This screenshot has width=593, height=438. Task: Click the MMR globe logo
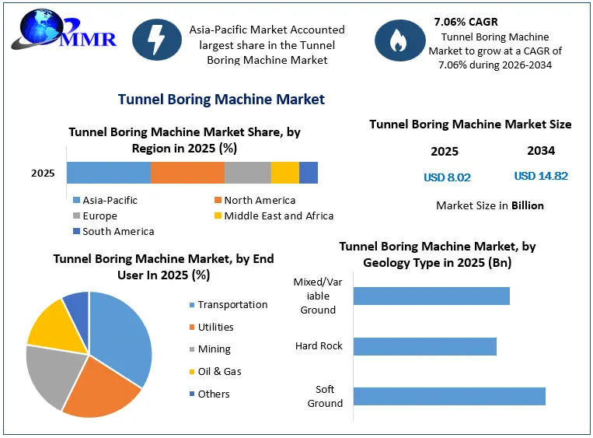tap(64, 30)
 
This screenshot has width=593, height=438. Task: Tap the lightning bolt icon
tap(156, 40)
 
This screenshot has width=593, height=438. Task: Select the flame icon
tap(399, 40)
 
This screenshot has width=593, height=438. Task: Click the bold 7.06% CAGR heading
tap(466, 22)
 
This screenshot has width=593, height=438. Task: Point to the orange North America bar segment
tap(187, 173)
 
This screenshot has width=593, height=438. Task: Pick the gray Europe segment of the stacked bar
tap(248, 173)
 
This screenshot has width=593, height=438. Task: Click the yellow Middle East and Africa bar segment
tap(285, 173)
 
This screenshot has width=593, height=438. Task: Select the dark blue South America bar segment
tap(309, 173)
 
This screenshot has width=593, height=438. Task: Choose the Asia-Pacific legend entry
tap(105, 200)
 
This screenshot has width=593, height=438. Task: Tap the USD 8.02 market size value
tap(447, 177)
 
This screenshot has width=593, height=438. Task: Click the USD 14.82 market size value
tap(541, 176)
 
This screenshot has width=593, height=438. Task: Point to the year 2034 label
tap(541, 151)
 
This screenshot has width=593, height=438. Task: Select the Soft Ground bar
tap(449, 396)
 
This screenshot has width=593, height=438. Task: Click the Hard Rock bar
tap(425, 346)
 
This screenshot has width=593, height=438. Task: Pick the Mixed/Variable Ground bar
tap(431, 296)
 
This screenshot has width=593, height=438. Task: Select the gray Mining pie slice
tap(53, 375)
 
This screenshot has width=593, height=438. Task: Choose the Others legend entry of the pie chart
tap(210, 394)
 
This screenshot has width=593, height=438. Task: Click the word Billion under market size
tap(528, 205)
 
